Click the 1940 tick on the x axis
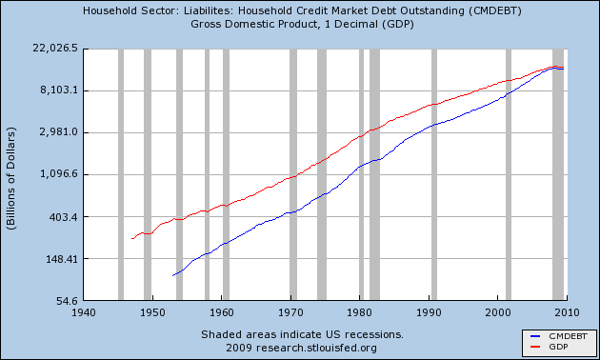[x=84, y=311]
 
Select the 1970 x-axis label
[x=290, y=311]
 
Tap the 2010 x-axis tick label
[x=567, y=311]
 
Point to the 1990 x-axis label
[x=429, y=311]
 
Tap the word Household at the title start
[x=109, y=11]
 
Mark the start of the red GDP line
[x=131, y=239]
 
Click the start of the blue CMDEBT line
[x=172, y=275]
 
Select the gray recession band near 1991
[x=433, y=174]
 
